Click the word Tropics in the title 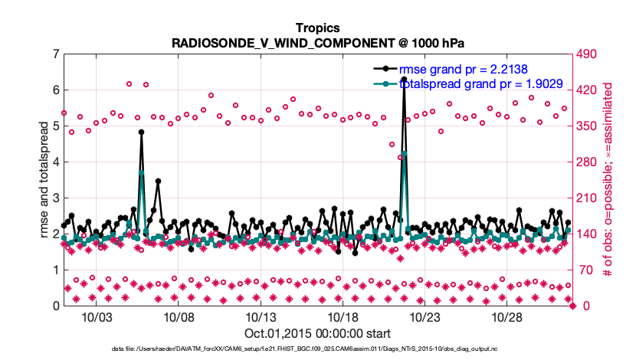317,28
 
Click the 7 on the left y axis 56,54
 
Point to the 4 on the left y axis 56,162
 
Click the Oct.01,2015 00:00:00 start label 317,333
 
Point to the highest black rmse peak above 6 404,79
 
